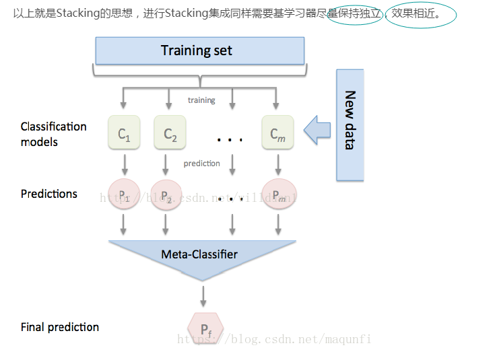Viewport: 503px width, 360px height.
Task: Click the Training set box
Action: pyautogui.click(x=199, y=50)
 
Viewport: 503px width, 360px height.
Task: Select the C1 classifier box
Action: pyautogui.click(x=124, y=133)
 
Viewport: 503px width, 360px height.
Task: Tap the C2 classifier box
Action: pyautogui.click(x=170, y=133)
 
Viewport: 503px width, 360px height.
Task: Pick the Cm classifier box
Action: pyautogui.click(x=278, y=133)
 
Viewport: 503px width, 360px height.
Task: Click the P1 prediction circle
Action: pyautogui.click(x=124, y=195)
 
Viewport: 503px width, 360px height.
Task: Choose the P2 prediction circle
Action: pyautogui.click(x=166, y=195)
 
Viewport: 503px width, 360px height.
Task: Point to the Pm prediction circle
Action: pyautogui.click(x=278, y=195)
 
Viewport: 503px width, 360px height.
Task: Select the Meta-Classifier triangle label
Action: pyautogui.click(x=199, y=254)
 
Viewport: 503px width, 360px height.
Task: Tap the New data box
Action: pyautogui.click(x=349, y=124)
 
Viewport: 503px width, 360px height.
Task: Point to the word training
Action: pyautogui.click(x=201, y=100)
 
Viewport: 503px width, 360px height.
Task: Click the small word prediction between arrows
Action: pyautogui.click(x=201, y=164)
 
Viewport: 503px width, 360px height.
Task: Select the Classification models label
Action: pyautogui.click(x=53, y=134)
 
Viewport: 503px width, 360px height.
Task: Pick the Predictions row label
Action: pyautogui.click(x=49, y=194)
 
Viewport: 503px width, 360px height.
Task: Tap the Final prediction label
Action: pyautogui.click(x=60, y=327)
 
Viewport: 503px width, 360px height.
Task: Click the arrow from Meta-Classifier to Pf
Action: pyautogui.click(x=203, y=295)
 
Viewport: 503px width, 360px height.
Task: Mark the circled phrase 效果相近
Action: pyautogui.click(x=420, y=13)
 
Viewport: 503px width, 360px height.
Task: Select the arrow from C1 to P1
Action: pyautogui.click(x=124, y=164)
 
